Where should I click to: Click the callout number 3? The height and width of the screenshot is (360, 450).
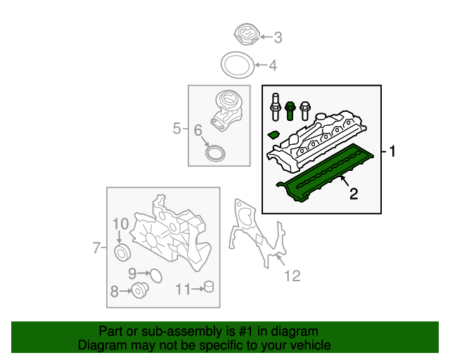278,37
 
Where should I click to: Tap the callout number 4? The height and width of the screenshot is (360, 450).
273,67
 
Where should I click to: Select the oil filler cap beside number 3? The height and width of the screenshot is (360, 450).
247,35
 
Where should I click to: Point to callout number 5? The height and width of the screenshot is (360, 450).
176,128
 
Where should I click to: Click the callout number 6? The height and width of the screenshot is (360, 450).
198,130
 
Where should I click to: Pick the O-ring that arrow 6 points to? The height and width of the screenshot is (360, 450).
215,153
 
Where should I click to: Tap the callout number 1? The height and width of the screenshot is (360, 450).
393,151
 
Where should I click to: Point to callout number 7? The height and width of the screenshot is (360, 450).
96,247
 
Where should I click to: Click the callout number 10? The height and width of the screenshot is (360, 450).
120,224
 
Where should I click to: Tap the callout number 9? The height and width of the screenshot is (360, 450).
132,273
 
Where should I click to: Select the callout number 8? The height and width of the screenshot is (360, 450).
114,290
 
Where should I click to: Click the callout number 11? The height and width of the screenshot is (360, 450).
183,288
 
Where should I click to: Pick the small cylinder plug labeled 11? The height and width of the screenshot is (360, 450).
207,288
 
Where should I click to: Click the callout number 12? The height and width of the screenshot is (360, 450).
292,276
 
